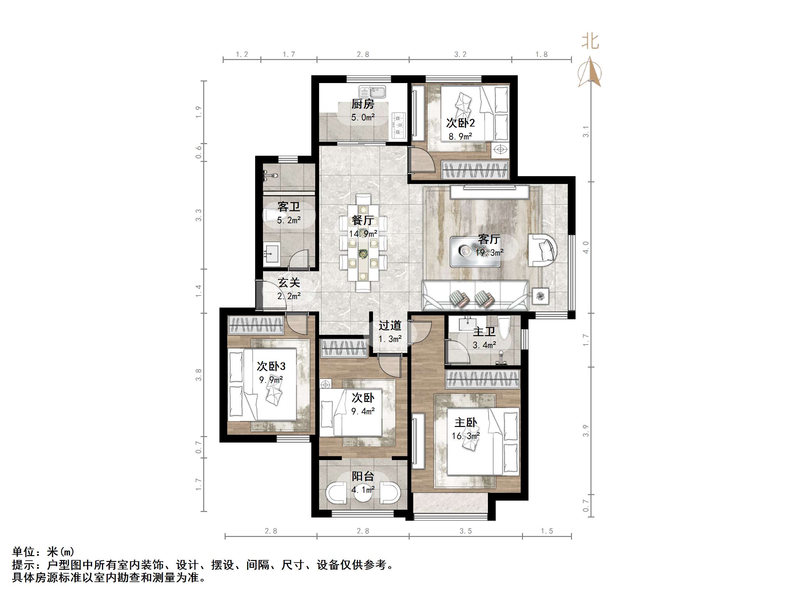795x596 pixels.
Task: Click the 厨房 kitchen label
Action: point(363,104)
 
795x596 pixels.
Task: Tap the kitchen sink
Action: point(372,92)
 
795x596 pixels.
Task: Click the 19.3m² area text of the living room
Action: point(489,252)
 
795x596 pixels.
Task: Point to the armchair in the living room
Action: point(542,250)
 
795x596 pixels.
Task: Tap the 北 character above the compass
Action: point(590,42)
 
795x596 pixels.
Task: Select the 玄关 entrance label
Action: point(289,283)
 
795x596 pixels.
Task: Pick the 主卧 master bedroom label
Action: point(466,422)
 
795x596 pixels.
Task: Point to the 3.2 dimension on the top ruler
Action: point(460,54)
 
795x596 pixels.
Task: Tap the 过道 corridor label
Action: point(390,325)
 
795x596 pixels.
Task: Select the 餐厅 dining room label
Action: point(363,220)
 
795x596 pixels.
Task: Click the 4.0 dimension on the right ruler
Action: point(586,247)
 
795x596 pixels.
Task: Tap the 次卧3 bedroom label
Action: point(271,366)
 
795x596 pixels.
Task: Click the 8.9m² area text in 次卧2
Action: point(460,137)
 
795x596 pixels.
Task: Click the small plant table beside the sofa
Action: point(540,296)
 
